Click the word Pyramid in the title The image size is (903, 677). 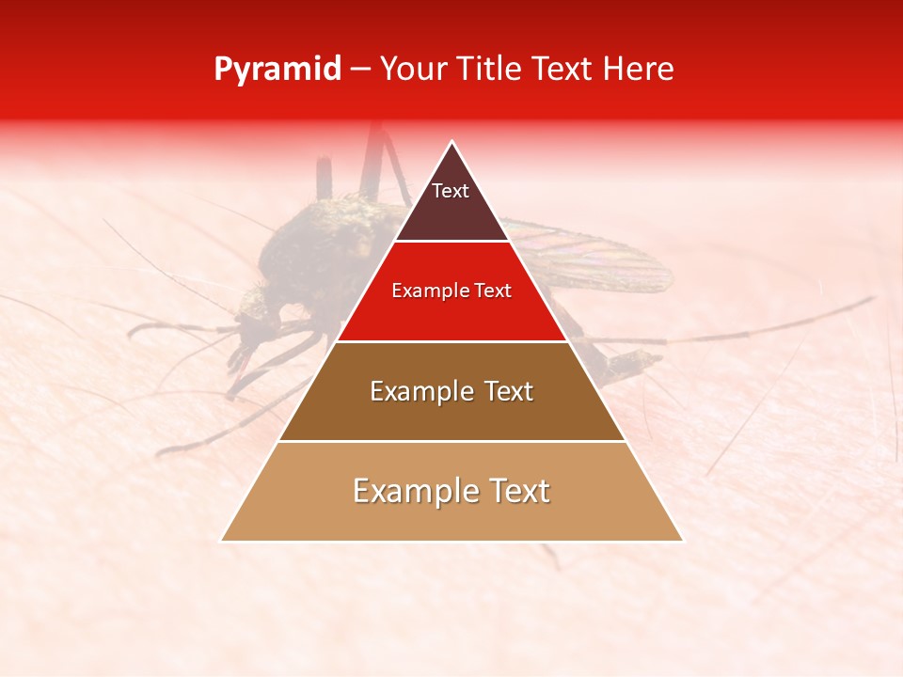click(277, 70)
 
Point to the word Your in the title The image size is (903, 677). click(412, 70)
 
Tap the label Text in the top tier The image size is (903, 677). click(451, 191)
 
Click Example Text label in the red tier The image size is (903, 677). click(451, 291)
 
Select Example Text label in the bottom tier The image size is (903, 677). click(451, 491)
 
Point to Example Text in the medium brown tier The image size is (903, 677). click(451, 391)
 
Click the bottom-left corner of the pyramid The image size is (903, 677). click(222, 541)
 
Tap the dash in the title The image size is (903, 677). click(360, 70)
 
